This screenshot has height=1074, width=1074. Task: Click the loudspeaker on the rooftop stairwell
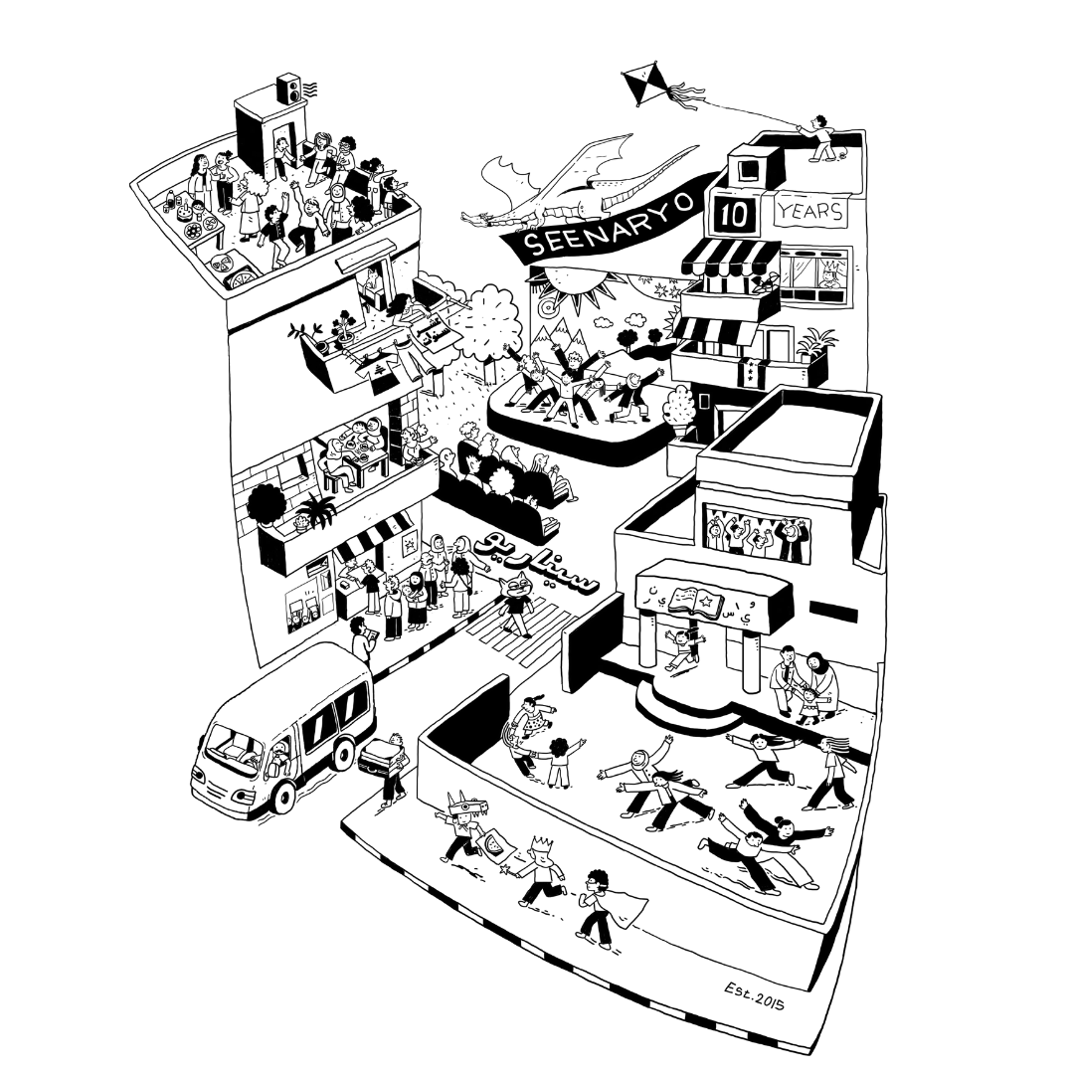click(x=286, y=89)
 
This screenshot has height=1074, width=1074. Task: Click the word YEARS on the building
click(x=810, y=212)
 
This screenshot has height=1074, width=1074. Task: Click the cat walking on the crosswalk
click(x=516, y=603)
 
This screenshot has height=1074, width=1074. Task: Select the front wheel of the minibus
click(x=282, y=796)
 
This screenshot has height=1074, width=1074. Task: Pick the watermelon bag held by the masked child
click(x=495, y=848)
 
